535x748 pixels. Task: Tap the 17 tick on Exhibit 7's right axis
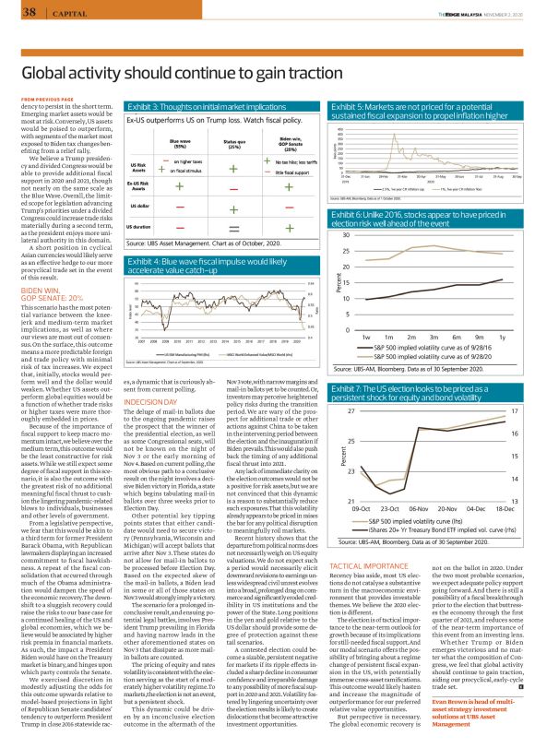[x=514, y=410]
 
